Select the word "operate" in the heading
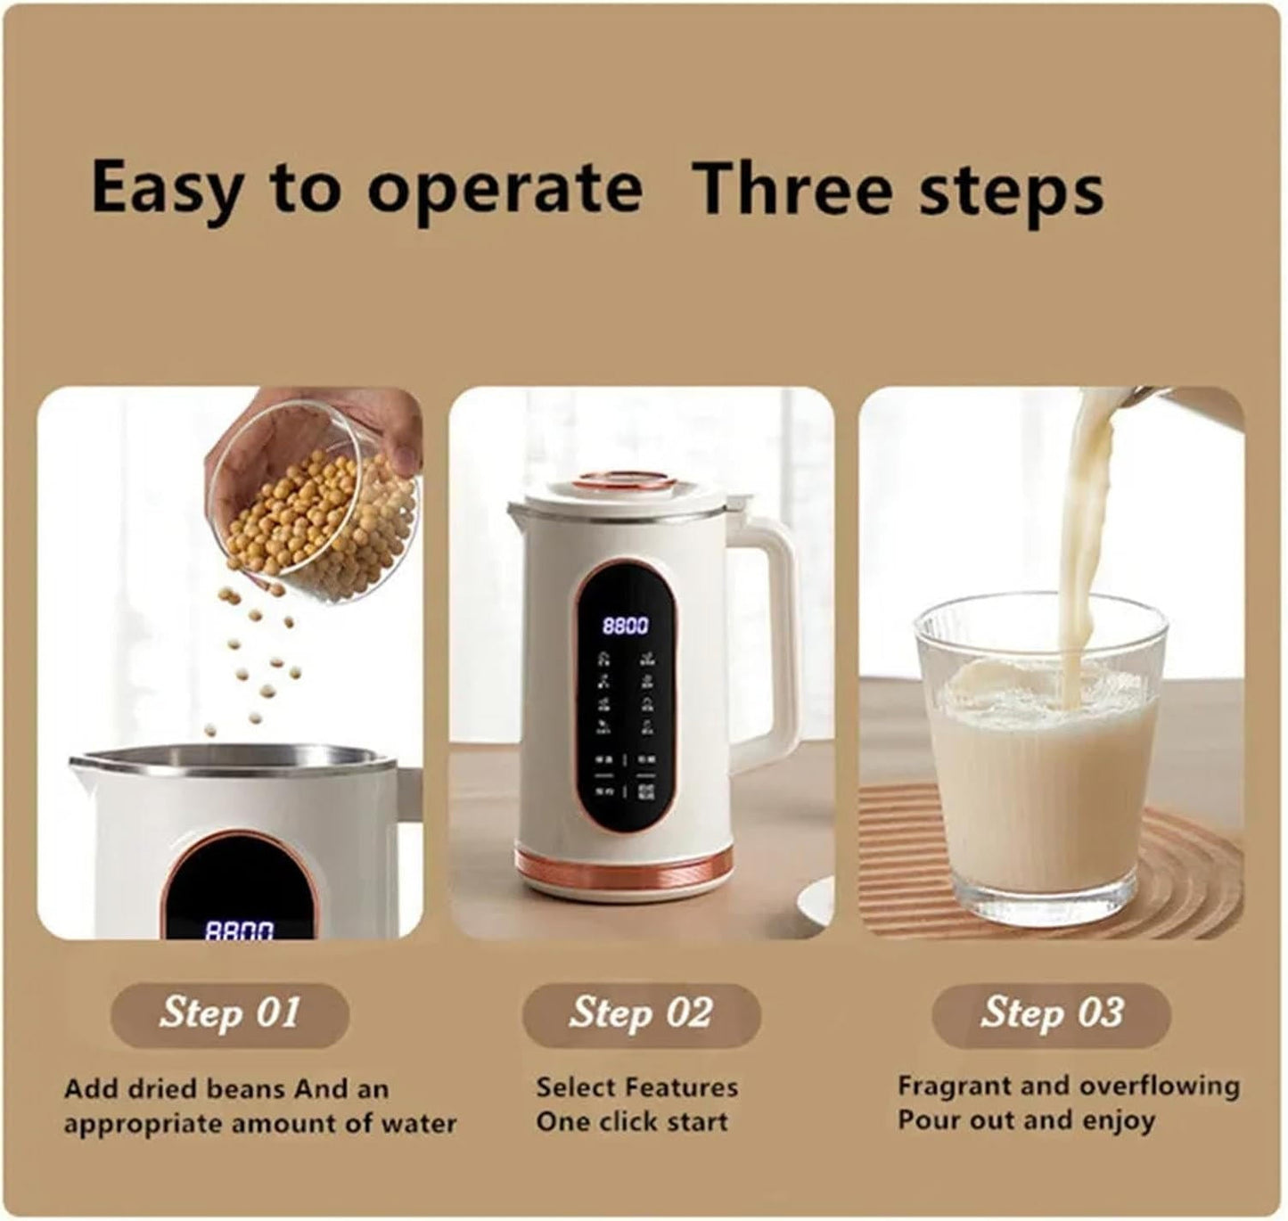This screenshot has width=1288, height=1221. point(505,190)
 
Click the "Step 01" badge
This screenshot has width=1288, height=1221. point(229,1013)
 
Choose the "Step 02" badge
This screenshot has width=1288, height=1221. point(641,1013)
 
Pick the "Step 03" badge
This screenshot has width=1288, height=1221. point(1052,1013)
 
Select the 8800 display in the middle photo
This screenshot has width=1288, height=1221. point(626,626)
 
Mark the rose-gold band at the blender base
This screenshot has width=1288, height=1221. point(624,863)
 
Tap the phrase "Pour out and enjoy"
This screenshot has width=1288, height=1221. point(1026,1120)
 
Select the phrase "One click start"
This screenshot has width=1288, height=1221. point(632,1121)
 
